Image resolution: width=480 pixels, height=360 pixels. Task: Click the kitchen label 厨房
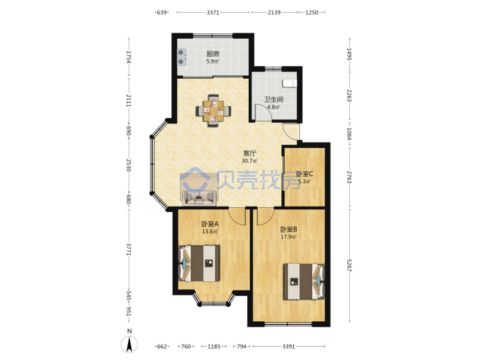(x=213, y=54)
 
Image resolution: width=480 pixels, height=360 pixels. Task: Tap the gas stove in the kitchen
(x=182, y=57)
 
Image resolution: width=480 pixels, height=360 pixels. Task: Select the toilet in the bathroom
(x=289, y=83)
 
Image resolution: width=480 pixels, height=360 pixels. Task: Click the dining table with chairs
(x=213, y=111)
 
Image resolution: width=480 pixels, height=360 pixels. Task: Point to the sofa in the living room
(x=199, y=197)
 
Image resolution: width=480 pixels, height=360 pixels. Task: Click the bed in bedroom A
(x=199, y=263)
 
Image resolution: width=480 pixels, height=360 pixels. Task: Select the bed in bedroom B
(x=304, y=281)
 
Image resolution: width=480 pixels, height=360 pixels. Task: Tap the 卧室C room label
(x=305, y=174)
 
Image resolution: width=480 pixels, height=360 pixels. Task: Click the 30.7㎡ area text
(x=249, y=161)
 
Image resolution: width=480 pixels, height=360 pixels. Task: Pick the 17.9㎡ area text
(x=289, y=237)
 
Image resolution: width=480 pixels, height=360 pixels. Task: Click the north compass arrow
(x=129, y=344)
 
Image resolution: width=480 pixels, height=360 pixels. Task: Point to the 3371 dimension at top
(x=213, y=13)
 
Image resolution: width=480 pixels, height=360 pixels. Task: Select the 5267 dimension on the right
(x=349, y=265)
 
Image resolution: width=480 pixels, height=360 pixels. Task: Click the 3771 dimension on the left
(x=129, y=249)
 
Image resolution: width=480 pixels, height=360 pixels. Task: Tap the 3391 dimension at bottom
(x=289, y=347)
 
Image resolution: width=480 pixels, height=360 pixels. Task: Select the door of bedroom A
(x=238, y=217)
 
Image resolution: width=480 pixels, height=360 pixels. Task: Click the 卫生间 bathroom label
(x=274, y=99)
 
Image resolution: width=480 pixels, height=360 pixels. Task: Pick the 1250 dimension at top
(x=311, y=13)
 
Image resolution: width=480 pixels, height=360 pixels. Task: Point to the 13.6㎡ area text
(x=210, y=231)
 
